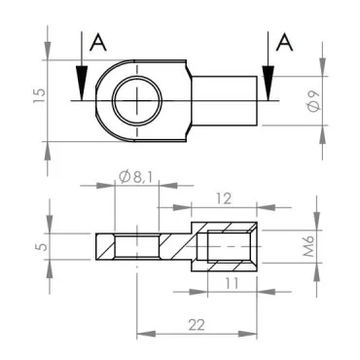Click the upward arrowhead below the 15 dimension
coord(48,148)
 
